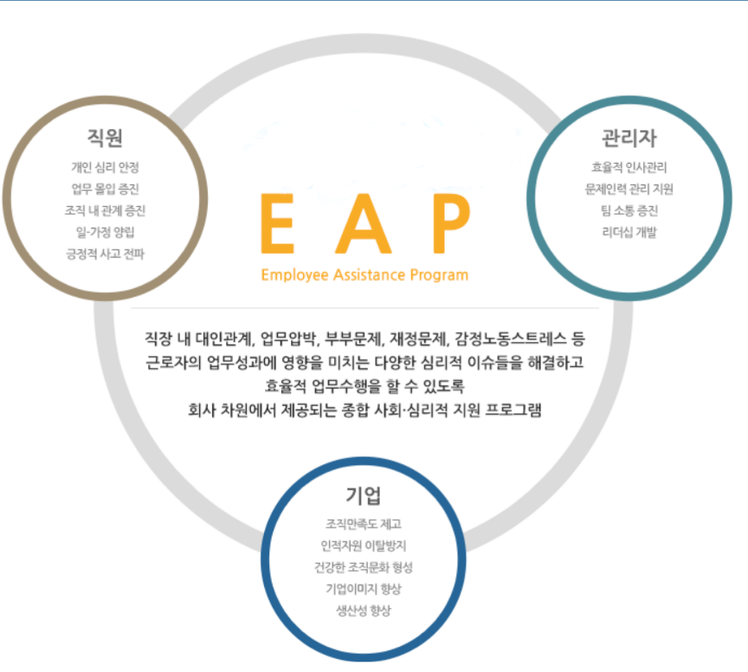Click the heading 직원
[x=106, y=137]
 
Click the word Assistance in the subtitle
[x=364, y=275]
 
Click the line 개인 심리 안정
[x=106, y=167]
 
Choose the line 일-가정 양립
[x=106, y=231]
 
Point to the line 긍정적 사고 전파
[x=106, y=253]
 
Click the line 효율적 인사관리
[x=629, y=167]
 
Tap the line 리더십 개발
[x=629, y=232]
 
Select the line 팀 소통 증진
[x=629, y=210]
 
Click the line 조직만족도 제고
[x=363, y=524]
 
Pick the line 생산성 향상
[x=363, y=611]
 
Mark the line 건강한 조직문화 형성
[x=363, y=567]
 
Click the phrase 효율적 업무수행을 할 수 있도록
[x=364, y=385]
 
